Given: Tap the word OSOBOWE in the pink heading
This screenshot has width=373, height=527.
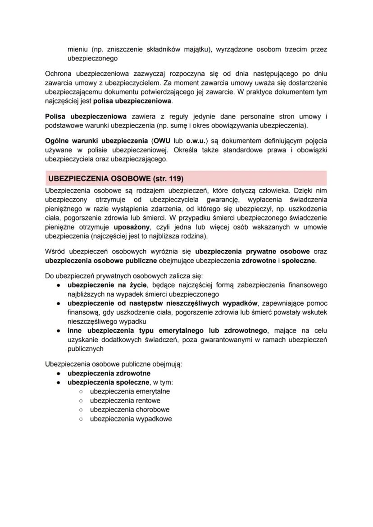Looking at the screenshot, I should click(x=127, y=178).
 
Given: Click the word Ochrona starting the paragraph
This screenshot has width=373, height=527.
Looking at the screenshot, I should click(x=59, y=73).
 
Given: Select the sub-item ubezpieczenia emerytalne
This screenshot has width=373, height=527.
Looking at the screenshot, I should click(x=130, y=391).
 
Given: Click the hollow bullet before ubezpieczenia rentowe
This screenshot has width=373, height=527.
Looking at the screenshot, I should click(x=81, y=400).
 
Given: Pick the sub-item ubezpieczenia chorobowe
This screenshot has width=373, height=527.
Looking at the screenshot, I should click(x=130, y=409).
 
